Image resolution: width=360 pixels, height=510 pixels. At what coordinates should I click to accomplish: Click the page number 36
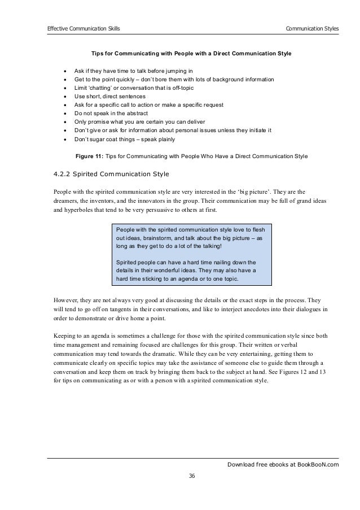[x=192, y=476]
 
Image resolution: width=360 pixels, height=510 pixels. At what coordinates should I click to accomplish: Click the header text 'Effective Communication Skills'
[x=83, y=28]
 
